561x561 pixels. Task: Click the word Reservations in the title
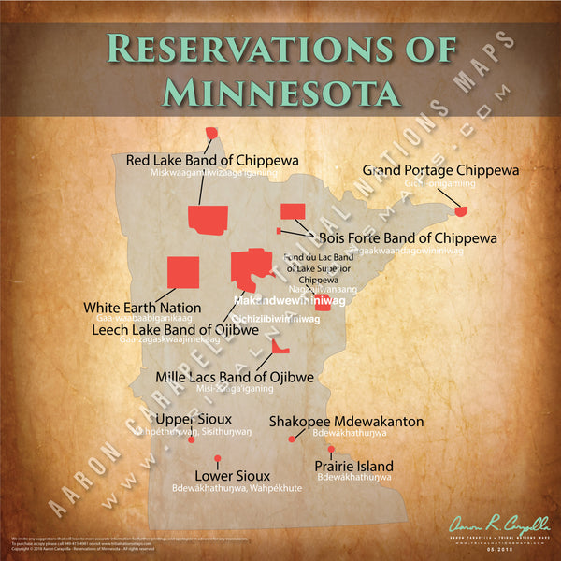tap(280, 47)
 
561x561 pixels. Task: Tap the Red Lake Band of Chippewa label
tap(212, 160)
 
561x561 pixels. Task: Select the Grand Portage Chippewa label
tap(440, 170)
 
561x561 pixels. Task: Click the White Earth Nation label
tap(142, 307)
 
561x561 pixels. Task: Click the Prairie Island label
tap(354, 466)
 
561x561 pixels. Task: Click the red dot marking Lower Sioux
tap(217, 457)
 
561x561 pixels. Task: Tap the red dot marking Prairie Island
tap(330, 449)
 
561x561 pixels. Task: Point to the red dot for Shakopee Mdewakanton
tap(292, 439)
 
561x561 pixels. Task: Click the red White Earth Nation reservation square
tap(182, 271)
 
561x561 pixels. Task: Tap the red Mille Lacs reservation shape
tap(279, 348)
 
